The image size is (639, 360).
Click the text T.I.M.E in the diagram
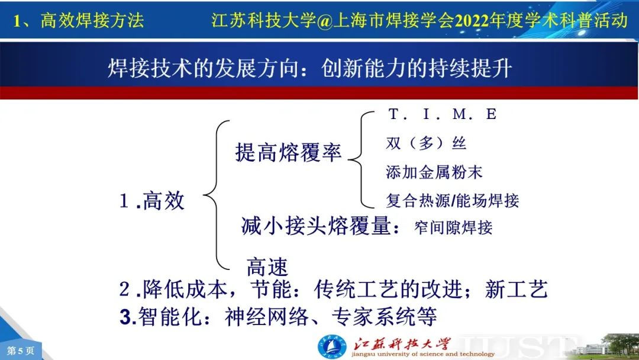pyautogui.click(x=442, y=114)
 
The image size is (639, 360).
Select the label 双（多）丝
pyautogui.click(x=426, y=143)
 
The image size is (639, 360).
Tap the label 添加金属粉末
pyautogui.click(x=434, y=172)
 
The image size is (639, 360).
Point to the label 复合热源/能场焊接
pyautogui.click(x=453, y=201)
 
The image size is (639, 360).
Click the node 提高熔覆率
pyautogui.click(x=288, y=153)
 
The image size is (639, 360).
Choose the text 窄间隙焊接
pyautogui.click(x=453, y=227)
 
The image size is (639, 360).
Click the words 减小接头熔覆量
pyautogui.click(x=316, y=226)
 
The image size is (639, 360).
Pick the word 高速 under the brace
pyautogui.click(x=267, y=267)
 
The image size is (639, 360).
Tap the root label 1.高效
pyautogui.click(x=152, y=201)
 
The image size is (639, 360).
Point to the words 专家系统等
pyautogui.click(x=385, y=316)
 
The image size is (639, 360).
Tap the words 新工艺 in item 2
pyautogui.click(x=517, y=290)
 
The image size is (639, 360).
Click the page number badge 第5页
pyautogui.click(x=20, y=351)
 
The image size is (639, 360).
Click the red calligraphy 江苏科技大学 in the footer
pyautogui.click(x=402, y=344)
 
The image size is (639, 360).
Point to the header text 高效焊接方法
pyautogui.click(x=92, y=20)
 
